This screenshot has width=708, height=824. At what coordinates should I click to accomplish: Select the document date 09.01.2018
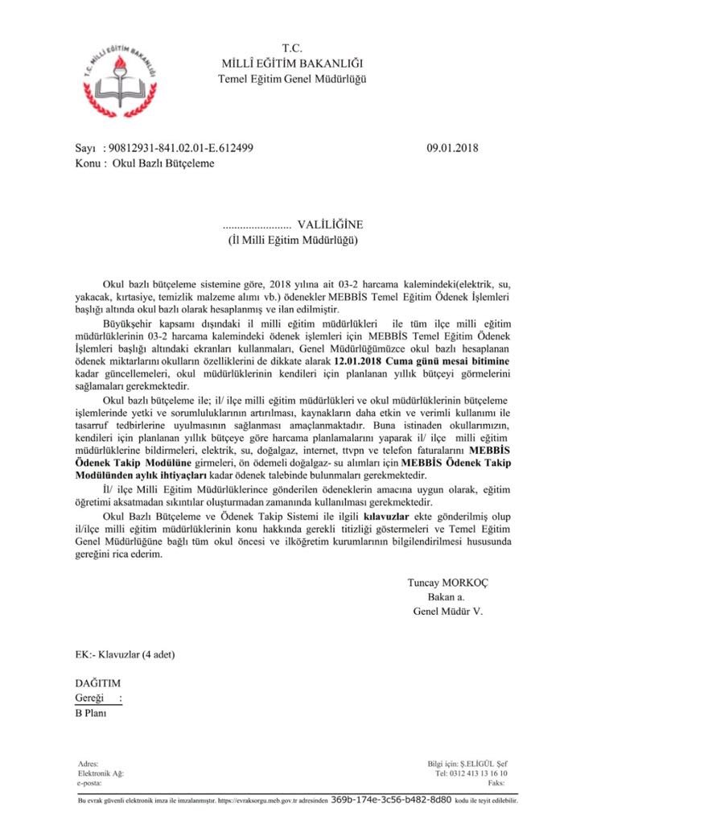pyautogui.click(x=453, y=148)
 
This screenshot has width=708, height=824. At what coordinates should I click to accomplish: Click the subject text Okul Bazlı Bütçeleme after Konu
pyautogui.click(x=163, y=163)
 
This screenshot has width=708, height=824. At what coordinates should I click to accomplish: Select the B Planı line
pyautogui.click(x=89, y=712)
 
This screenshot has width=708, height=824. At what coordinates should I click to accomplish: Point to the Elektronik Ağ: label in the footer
pyautogui.click(x=101, y=773)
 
